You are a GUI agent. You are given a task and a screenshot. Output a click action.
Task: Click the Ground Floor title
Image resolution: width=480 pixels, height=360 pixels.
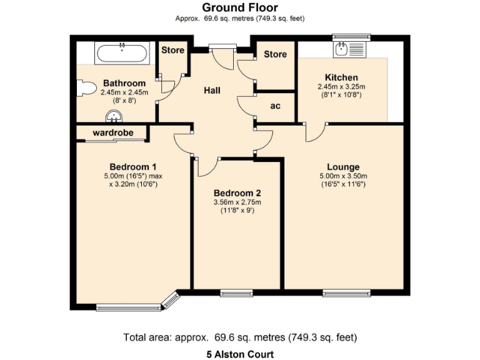pos(240,7)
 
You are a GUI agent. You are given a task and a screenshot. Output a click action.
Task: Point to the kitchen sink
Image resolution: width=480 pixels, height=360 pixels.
pos(343,49)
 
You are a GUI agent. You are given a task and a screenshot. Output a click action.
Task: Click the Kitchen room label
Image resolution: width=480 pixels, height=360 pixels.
pos(341,77)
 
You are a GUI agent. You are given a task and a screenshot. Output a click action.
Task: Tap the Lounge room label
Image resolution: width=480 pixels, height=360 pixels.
pos(343,167)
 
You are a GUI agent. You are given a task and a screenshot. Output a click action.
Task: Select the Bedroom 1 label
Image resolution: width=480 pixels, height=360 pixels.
pos(132,167)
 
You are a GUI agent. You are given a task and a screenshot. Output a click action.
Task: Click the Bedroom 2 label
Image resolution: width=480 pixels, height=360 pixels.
pos(237,193)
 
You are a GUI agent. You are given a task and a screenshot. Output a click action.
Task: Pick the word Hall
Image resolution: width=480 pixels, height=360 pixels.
pos(212,91)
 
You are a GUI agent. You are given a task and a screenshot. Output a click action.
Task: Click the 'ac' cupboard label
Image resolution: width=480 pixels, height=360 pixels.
pos(275,106)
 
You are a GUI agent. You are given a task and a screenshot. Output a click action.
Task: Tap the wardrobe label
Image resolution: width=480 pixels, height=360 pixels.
pos(111,132)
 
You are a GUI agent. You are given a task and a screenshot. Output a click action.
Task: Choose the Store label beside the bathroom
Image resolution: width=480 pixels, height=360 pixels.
pos(172,50)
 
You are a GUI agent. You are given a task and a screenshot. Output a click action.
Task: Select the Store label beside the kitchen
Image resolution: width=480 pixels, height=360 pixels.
pos(275,54)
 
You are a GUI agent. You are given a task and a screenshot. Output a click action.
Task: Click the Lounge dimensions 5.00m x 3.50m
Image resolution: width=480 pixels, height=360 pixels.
pos(343,176)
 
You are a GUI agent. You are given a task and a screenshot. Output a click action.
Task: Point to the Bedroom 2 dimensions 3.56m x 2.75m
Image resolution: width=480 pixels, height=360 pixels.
pos(237,202)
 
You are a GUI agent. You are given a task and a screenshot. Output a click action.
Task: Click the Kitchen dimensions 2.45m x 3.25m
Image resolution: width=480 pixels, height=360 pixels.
pos(341,86)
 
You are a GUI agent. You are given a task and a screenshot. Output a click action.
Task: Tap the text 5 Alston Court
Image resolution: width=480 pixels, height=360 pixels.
pos(240,354)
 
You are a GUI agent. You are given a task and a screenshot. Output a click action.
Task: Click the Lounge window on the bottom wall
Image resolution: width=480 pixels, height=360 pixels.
pos(346,292)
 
